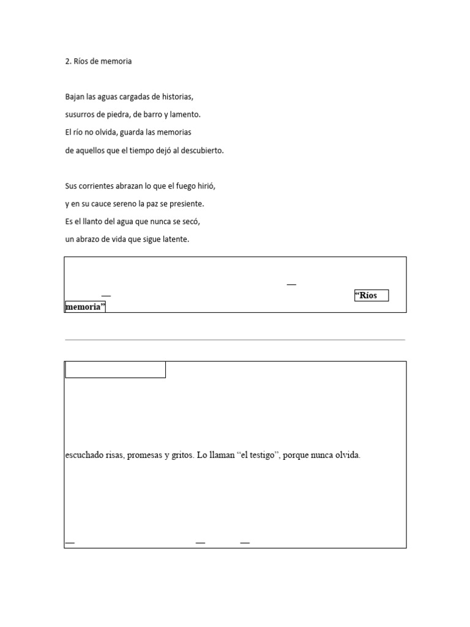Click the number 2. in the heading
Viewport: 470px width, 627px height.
[x=69, y=61]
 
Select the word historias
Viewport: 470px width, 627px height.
[x=176, y=97]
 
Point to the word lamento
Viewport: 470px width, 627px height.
[x=185, y=115]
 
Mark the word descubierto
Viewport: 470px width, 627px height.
[x=202, y=150]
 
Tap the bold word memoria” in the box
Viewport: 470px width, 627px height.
[x=84, y=307]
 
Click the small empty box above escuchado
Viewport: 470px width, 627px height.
[x=115, y=370]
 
